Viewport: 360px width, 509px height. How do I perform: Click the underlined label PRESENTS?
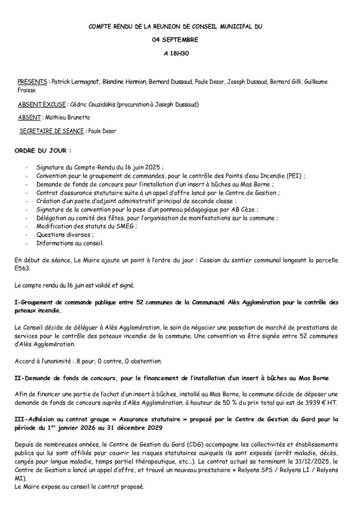point(32,81)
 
